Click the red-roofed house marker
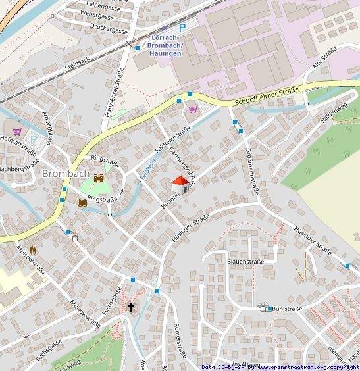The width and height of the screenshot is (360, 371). (x=180, y=185)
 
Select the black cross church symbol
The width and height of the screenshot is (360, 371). (x=131, y=307)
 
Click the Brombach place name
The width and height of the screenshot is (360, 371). (x=64, y=174)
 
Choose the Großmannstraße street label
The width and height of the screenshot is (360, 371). (x=251, y=172)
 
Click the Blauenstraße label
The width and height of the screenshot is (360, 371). (x=245, y=261)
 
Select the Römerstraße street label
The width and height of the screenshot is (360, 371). (x=177, y=338)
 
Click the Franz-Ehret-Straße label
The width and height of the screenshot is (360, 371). (x=114, y=93)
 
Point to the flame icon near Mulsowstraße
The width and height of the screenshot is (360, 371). (x=33, y=250)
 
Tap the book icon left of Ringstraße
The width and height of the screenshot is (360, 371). (x=82, y=203)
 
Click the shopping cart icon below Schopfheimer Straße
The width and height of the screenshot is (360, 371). (x=193, y=109)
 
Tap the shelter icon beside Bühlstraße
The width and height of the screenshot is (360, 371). (x=265, y=308)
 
